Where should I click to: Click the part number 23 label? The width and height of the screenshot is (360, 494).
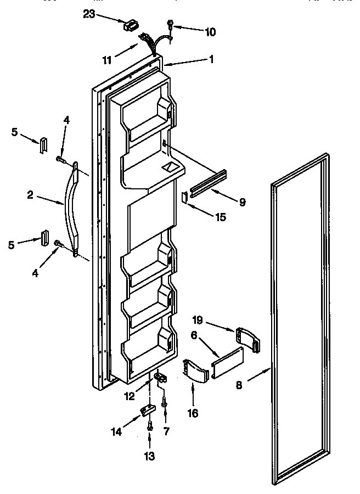[x=89, y=15]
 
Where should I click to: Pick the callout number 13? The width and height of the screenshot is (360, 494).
[x=150, y=456]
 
